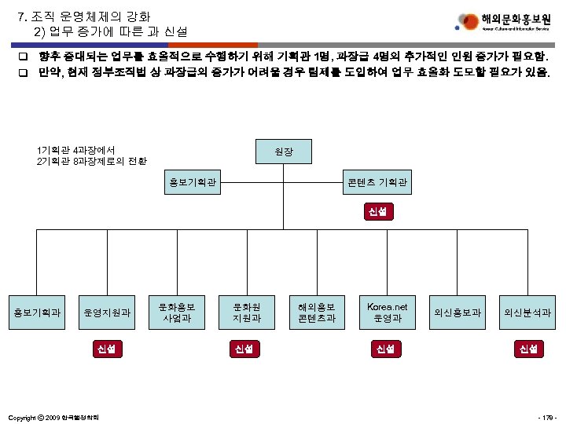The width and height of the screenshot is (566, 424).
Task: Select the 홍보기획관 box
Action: (x=193, y=185)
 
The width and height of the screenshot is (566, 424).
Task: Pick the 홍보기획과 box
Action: (x=36, y=313)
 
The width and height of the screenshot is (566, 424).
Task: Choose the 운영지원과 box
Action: (x=108, y=313)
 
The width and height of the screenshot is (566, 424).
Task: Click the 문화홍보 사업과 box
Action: (x=177, y=313)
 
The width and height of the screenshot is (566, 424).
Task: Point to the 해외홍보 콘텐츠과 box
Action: (x=316, y=313)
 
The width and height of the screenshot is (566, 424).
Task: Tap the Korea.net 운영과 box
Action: (x=388, y=313)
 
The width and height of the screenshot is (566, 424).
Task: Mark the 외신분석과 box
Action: (x=527, y=313)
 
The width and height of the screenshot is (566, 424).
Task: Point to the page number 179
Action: (x=546, y=415)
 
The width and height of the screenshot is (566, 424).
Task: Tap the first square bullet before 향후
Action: (x=24, y=58)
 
